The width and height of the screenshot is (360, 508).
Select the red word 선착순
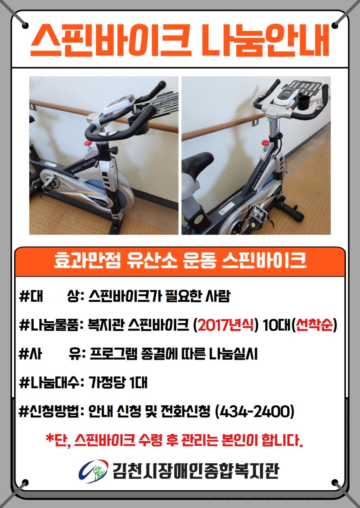pos(314,325)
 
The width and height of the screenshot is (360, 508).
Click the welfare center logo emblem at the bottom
pos(93,471)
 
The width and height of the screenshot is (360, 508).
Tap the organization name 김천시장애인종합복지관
pos(195,471)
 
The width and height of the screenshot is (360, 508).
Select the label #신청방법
pos(50,412)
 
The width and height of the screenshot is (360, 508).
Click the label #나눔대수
pos(50,383)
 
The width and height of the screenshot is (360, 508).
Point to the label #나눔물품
pos(50,325)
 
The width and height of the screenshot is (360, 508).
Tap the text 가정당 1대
pos(118,383)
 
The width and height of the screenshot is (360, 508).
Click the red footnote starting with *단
pos(174,440)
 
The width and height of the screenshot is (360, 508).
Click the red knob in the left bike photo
pos(88,143)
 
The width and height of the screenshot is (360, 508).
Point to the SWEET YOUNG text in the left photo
pos(83,165)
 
